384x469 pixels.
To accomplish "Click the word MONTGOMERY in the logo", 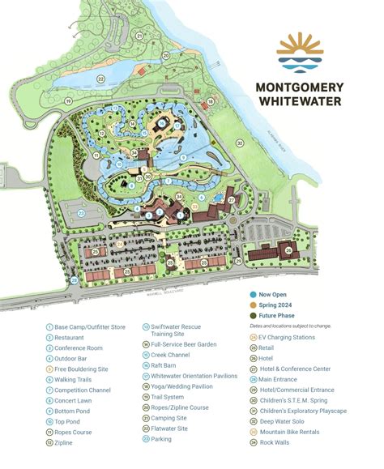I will tap(312, 87).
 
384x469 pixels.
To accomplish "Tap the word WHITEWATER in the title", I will tap(312, 102).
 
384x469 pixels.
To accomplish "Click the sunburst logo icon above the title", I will tap(312, 50).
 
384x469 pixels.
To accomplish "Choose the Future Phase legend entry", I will tap(277, 315).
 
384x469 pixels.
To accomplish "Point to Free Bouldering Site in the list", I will tap(80, 368).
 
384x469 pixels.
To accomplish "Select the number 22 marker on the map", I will tap(100, 78).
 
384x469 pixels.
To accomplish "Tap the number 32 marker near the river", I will tap(240, 143).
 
